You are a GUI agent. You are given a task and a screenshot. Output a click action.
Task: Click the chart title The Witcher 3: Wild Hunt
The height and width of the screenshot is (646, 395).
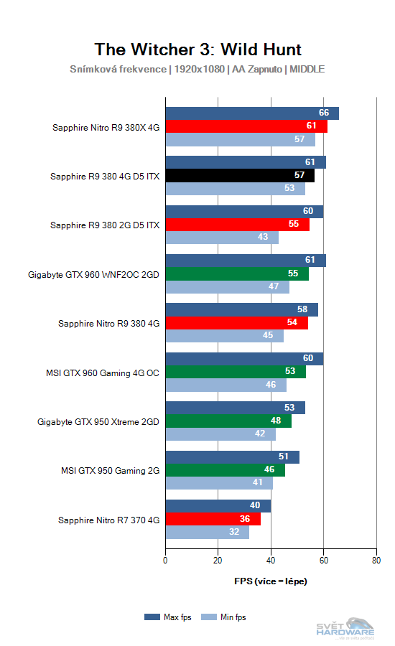[197, 49]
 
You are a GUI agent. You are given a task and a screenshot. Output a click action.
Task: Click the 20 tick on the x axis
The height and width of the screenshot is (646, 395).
[218, 561]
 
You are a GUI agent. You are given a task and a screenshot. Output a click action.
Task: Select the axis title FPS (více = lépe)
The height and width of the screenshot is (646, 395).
[271, 581]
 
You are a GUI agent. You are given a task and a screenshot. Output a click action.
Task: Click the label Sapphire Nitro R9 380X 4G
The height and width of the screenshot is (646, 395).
[106, 127]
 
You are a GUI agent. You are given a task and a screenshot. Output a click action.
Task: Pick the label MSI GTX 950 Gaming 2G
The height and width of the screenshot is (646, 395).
[110, 470]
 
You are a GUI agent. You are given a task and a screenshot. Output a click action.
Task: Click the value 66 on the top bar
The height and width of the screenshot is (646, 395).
[324, 113]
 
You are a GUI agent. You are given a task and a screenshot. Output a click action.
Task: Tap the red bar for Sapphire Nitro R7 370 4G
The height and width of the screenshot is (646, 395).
[213, 519]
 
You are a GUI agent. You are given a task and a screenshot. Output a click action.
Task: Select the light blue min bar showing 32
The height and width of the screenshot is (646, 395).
[208, 533]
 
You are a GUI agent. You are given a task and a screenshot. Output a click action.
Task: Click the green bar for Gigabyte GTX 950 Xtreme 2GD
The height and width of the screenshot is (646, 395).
[228, 421]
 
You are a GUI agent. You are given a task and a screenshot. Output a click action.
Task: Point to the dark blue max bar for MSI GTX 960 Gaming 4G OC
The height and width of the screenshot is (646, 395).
[244, 359]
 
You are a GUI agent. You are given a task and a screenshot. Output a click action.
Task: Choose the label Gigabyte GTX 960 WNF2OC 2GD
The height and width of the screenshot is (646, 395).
[93, 274]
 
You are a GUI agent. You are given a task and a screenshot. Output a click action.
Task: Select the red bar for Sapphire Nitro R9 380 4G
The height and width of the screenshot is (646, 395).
[236, 323]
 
